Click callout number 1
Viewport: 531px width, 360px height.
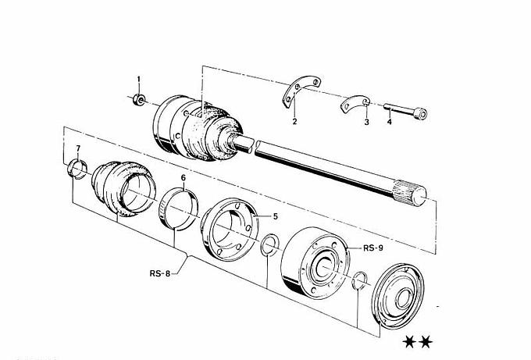(139, 80)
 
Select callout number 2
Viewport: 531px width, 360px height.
(294, 122)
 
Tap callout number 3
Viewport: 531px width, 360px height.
(365, 123)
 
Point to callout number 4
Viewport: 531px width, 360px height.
(389, 123)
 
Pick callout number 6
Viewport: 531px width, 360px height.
(183, 178)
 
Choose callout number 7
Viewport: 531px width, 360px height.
(77, 148)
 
